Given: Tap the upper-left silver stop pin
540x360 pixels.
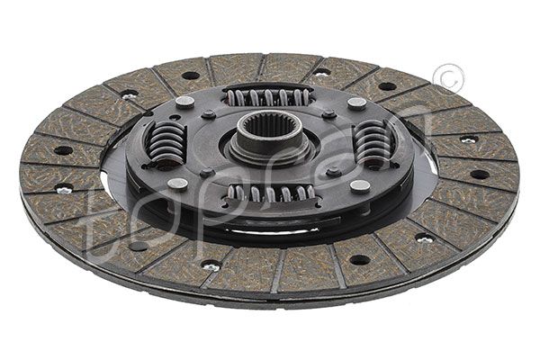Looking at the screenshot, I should point(184,102).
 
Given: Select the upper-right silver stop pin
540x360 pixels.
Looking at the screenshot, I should point(356,103).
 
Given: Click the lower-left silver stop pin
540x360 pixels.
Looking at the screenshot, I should point(177,184).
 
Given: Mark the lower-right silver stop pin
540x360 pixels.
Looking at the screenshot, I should point(360,186).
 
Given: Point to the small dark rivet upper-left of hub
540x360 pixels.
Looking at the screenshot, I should point(209,114).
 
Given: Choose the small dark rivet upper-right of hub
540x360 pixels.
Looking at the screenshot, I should point(329,114).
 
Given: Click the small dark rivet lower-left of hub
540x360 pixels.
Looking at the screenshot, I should point(206,172).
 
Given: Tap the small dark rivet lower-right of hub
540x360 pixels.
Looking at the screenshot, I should point(334,171).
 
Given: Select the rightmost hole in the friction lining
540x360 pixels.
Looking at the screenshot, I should point(480,174).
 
